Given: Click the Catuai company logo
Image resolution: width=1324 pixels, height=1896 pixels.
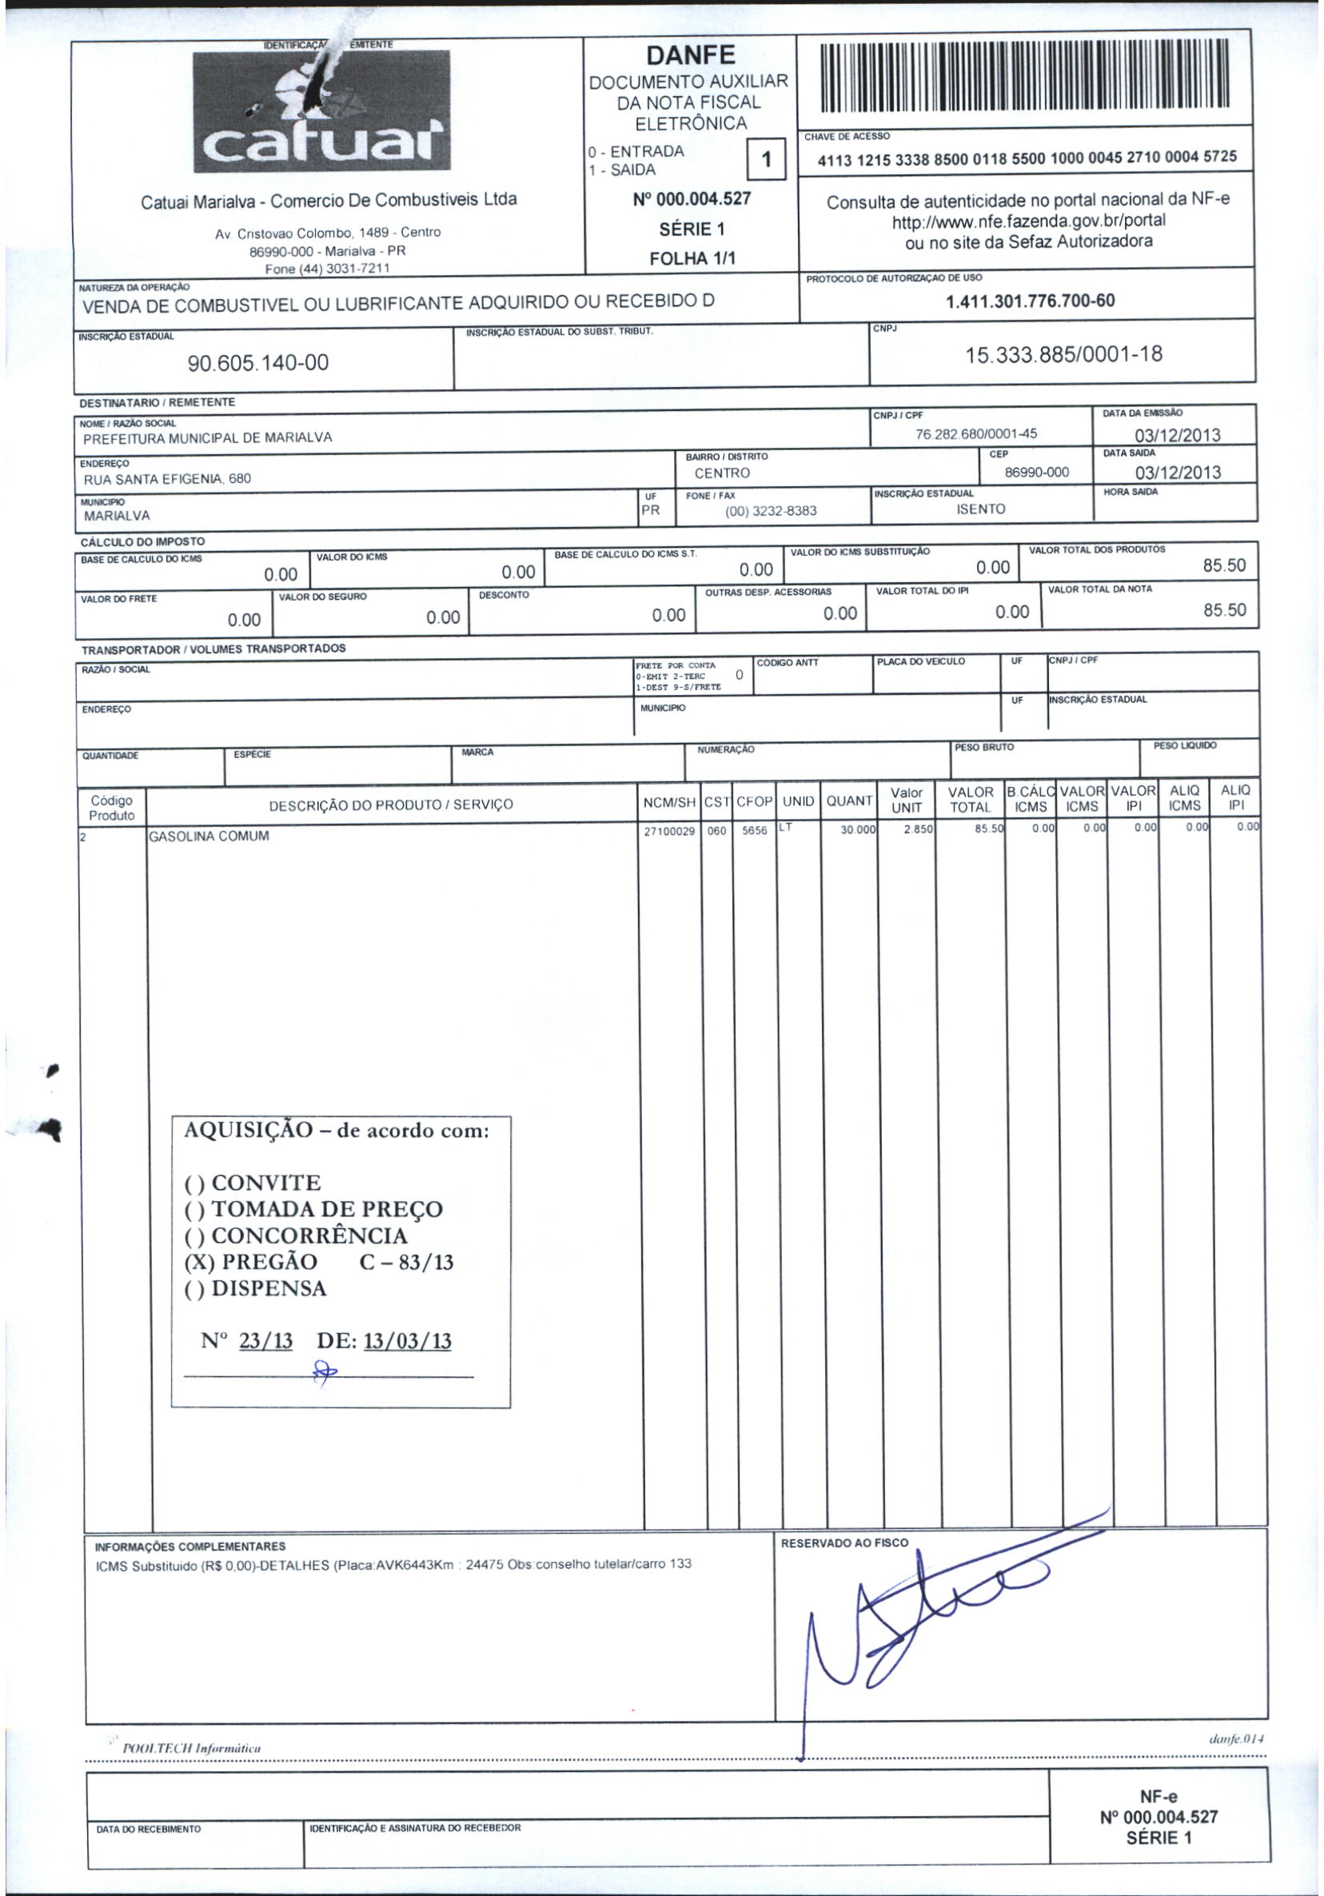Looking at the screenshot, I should (x=322, y=110).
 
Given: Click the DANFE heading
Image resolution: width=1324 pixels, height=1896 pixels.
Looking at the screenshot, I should (x=690, y=55).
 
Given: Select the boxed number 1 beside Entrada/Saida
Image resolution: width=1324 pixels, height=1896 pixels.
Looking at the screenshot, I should (x=765, y=159).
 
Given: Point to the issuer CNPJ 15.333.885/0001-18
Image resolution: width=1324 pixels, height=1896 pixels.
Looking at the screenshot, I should (x=1064, y=354).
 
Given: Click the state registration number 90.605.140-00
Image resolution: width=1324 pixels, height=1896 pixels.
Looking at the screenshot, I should (x=258, y=362).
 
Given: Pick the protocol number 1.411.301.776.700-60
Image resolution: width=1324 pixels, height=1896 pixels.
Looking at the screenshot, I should (x=1030, y=301).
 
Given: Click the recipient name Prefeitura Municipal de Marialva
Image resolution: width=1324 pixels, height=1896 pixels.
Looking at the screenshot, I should (x=207, y=437).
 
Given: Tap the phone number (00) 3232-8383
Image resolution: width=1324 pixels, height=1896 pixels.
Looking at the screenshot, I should (x=770, y=510).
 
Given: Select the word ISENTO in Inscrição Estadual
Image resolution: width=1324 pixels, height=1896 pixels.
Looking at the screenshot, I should (x=981, y=509).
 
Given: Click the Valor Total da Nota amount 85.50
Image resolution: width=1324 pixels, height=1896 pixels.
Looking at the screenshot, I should (x=1224, y=610).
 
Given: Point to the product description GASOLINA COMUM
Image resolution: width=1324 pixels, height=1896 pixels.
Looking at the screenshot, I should (x=209, y=836).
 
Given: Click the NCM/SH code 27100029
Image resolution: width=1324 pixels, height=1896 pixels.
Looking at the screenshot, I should (x=669, y=831).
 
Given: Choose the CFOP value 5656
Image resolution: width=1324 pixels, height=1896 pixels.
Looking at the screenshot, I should (x=755, y=831).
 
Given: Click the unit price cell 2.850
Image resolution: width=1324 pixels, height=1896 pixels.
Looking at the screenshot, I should (x=917, y=830).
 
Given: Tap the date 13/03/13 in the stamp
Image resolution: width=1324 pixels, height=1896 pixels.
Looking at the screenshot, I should (x=407, y=1340).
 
